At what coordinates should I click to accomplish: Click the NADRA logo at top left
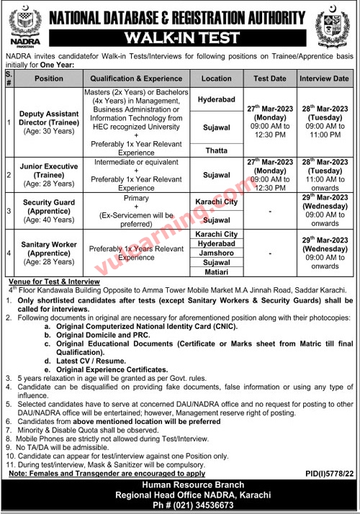point(21,24)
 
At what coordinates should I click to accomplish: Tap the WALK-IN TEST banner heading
point(180,37)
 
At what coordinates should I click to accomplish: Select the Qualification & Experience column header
point(142,78)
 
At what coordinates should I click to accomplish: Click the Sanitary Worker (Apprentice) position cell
point(49,254)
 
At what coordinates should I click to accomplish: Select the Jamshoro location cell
point(216,254)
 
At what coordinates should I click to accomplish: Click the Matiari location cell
point(216,274)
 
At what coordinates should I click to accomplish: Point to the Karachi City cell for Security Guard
point(216,202)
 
